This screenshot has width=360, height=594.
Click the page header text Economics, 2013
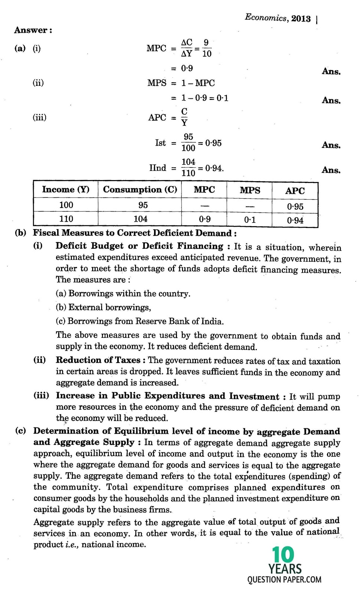click(278, 18)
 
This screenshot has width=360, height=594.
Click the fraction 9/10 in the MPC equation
click(207, 49)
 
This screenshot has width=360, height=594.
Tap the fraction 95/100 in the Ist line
click(188, 143)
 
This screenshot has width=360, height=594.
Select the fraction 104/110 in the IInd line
click(188, 168)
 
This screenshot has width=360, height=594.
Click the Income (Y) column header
click(66, 190)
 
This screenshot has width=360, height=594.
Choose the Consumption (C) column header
click(140, 190)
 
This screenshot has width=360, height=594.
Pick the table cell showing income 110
click(66, 219)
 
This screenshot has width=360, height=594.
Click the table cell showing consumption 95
click(143, 205)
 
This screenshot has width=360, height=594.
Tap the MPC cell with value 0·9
click(204, 219)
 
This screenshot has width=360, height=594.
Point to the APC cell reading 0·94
click(295, 221)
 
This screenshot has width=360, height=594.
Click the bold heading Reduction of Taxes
click(98, 360)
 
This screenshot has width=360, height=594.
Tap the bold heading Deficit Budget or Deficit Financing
click(139, 246)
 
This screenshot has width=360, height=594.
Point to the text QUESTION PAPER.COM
click(284, 580)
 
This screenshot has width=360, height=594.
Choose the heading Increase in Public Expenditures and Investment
click(167, 396)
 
